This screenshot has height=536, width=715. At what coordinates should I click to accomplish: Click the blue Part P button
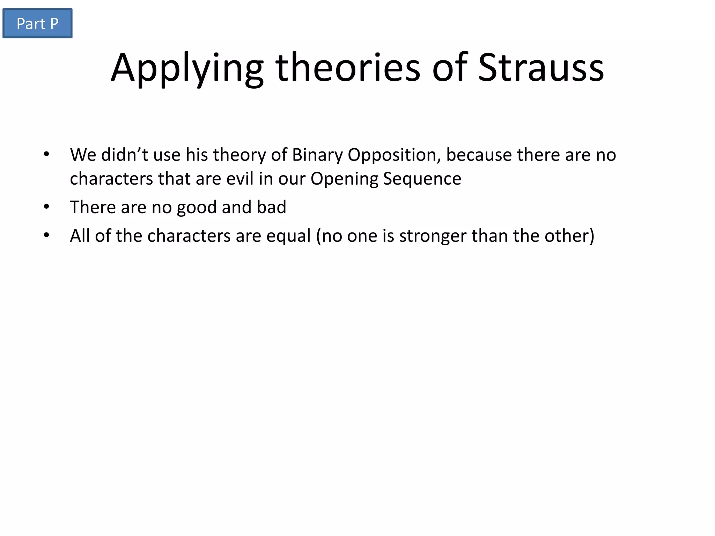click(x=37, y=23)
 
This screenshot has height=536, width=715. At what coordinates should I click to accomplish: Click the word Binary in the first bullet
click(x=317, y=155)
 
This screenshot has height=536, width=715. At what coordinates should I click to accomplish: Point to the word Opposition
click(x=394, y=155)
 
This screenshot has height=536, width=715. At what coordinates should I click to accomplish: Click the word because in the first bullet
click(x=479, y=155)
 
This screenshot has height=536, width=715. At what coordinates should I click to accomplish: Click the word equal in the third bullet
click(x=288, y=236)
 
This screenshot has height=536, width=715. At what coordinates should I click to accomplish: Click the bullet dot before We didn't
click(x=46, y=155)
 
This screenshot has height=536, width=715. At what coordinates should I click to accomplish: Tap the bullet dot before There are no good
click(x=46, y=207)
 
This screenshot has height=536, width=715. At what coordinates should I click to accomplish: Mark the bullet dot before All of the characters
click(x=46, y=236)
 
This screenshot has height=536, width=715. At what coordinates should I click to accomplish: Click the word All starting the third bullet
click(x=80, y=236)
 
